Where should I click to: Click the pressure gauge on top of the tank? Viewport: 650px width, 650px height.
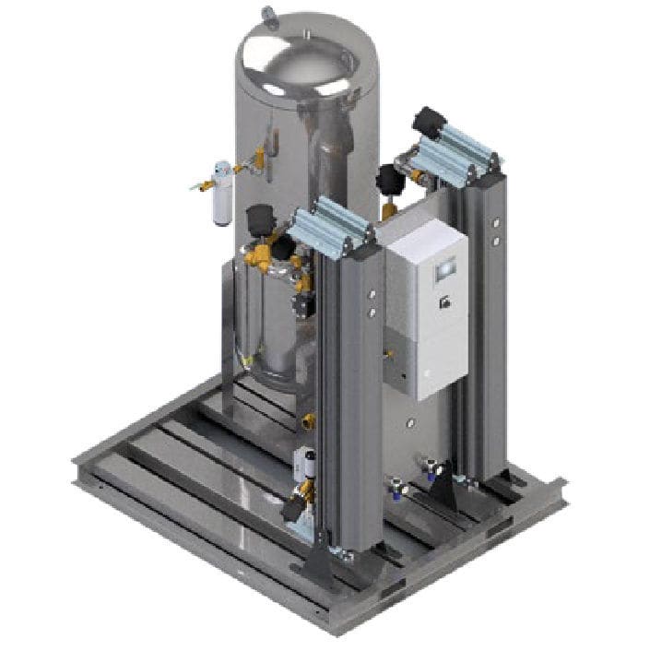click(268, 14)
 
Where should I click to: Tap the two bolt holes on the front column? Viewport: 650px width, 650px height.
click(372, 303)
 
